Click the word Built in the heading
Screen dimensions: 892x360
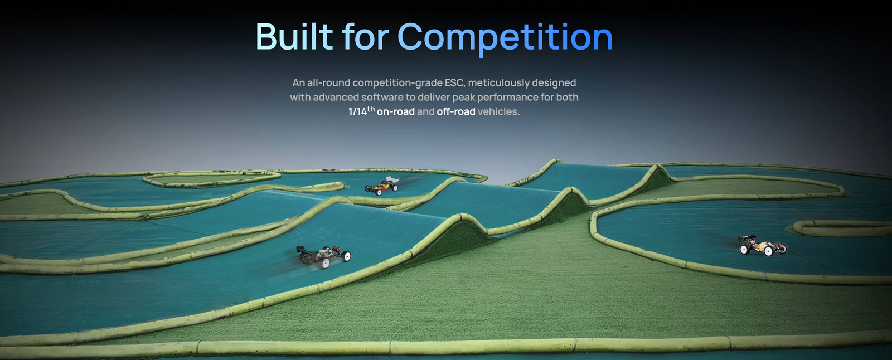click(294, 37)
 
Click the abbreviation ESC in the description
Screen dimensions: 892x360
click(454, 83)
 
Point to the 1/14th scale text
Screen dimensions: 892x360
click(361, 111)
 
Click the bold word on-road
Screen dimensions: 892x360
click(395, 111)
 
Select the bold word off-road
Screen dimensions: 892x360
click(456, 111)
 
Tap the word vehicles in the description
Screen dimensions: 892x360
click(498, 111)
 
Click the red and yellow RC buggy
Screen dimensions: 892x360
click(382, 186)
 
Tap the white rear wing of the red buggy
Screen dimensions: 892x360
click(392, 179)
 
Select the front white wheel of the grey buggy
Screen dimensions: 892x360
click(346, 256)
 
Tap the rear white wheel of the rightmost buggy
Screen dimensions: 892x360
click(744, 249)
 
